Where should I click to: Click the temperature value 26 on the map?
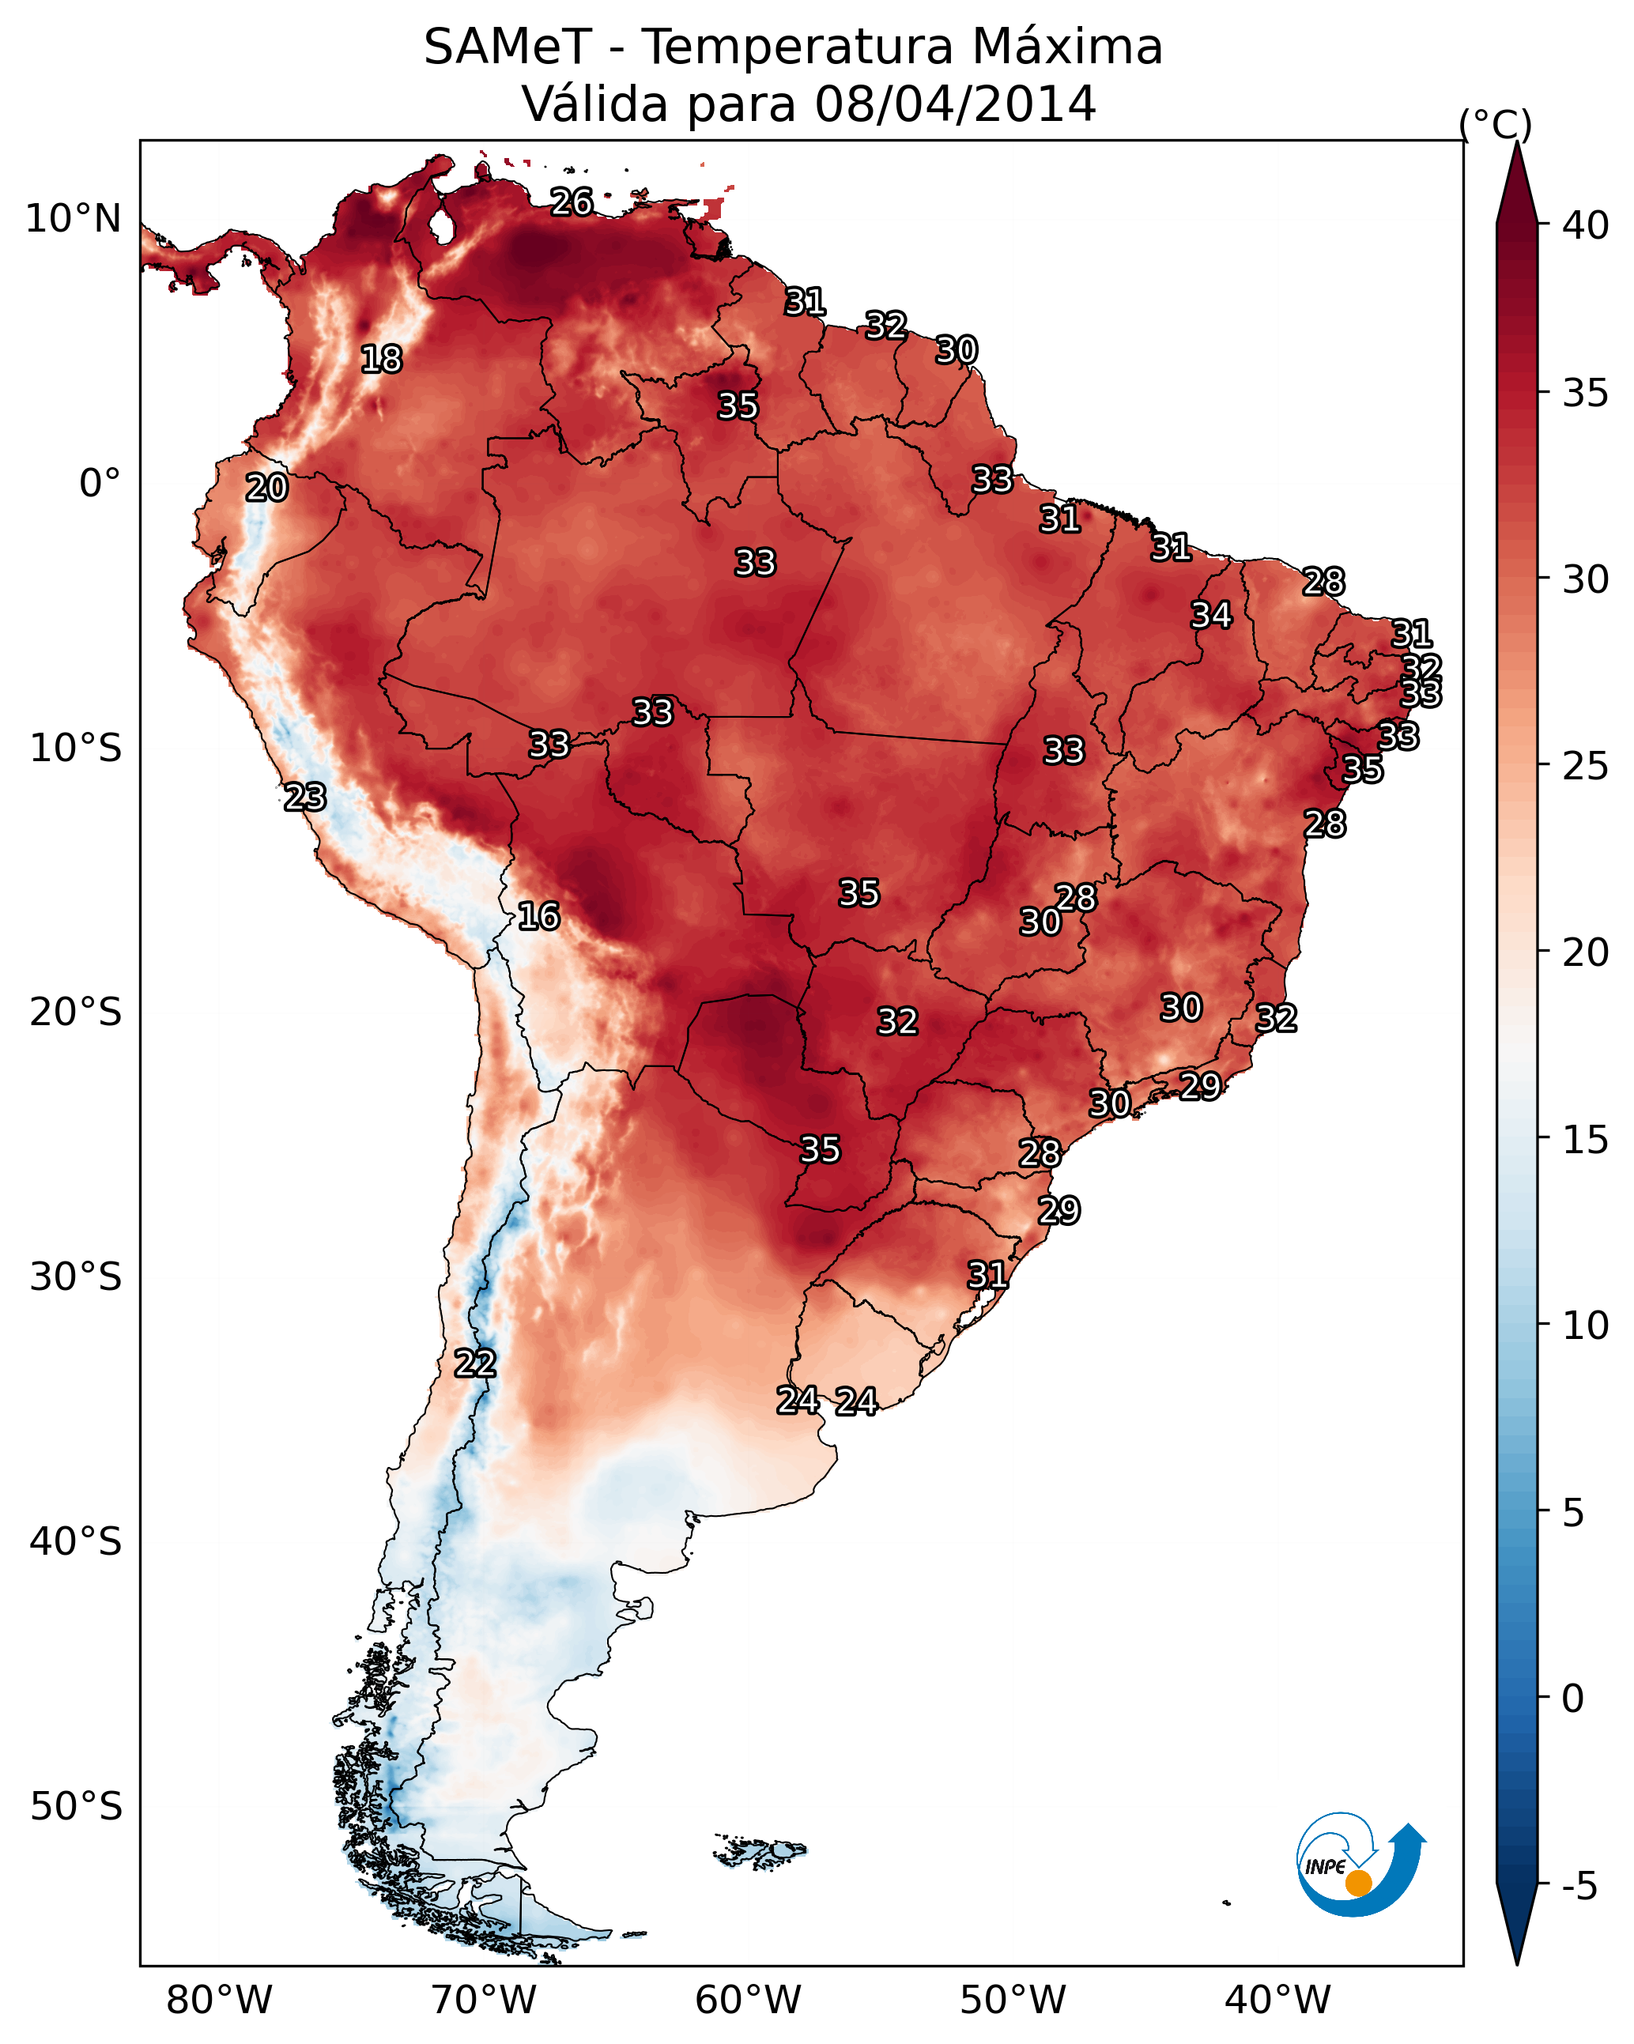pyautogui.click(x=572, y=202)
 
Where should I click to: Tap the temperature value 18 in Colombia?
pyautogui.click(x=381, y=360)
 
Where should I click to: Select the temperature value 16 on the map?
pyautogui.click(x=538, y=916)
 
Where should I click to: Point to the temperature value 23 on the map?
pyautogui.click(x=305, y=798)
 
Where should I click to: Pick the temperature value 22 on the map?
pyautogui.click(x=475, y=1363)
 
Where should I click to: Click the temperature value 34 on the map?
pyautogui.click(x=1211, y=615)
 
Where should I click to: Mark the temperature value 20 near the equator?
pyautogui.click(x=266, y=488)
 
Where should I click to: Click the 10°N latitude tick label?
pyautogui.click(x=73, y=219)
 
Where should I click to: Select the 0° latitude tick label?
pyautogui.click(x=100, y=484)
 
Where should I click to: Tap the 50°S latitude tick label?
pyautogui.click(x=76, y=1807)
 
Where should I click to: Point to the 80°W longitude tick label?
pyautogui.click(x=219, y=2000)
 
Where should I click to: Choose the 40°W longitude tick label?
pyautogui.click(x=1277, y=2000)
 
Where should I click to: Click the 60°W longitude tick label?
pyautogui.click(x=749, y=2000)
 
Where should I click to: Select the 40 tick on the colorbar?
pyautogui.click(x=1586, y=225)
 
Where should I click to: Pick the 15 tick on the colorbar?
pyautogui.click(x=1586, y=1140)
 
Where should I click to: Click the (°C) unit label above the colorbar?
pyautogui.click(x=1496, y=124)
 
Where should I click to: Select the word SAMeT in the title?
pyautogui.click(x=508, y=47)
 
